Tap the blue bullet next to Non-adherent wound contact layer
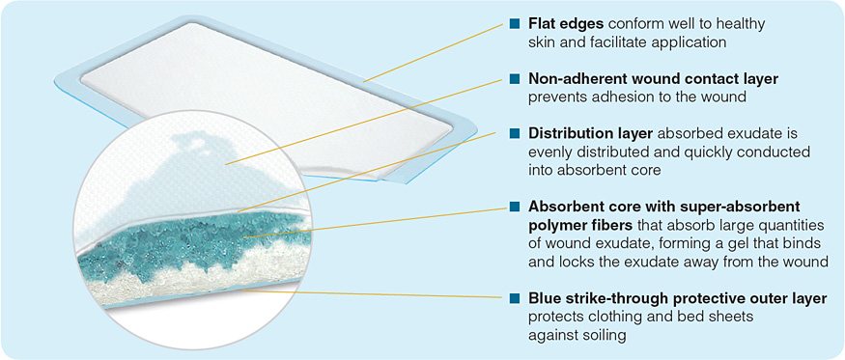(x=515, y=79)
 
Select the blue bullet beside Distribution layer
(x=515, y=133)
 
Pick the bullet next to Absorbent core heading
(x=515, y=207)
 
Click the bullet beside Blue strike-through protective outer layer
(x=515, y=298)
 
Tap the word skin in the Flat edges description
(x=543, y=42)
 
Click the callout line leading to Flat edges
(x=435, y=49)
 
